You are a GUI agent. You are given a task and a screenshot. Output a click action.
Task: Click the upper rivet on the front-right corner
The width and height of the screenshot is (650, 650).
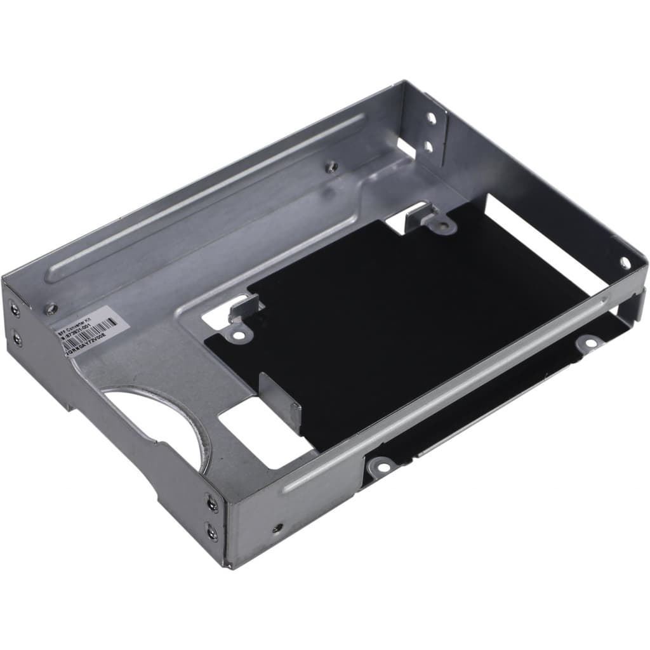pyautogui.click(x=211, y=504)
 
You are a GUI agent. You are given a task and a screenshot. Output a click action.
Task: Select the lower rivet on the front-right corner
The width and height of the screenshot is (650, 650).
pyautogui.click(x=211, y=532)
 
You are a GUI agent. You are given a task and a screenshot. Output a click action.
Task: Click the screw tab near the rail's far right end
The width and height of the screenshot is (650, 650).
pyautogui.click(x=590, y=343)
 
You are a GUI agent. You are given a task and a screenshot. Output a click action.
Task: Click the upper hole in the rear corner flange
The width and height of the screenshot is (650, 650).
pyautogui.click(x=430, y=119)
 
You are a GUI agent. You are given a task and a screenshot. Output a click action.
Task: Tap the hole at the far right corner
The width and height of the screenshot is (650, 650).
pyautogui.click(x=625, y=262)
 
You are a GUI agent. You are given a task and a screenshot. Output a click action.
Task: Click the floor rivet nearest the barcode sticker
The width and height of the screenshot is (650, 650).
pyautogui.click(x=51, y=309)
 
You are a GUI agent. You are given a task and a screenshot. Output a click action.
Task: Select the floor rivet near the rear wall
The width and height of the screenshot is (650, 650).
pyautogui.click(x=331, y=166)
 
